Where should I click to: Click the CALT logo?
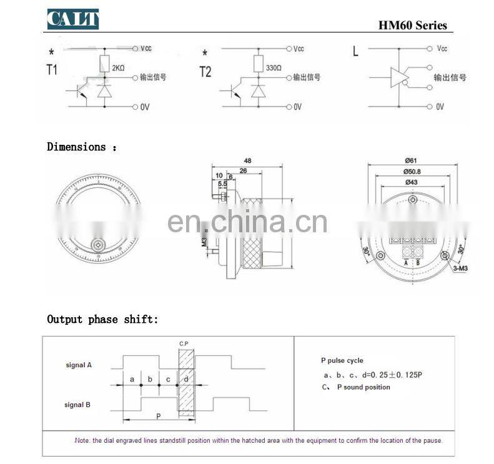[x=73, y=19]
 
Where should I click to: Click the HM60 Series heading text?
[x=413, y=26]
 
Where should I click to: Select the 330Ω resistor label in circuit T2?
[x=273, y=67]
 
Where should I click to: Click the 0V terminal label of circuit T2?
[x=297, y=107]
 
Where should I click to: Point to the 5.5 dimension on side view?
[x=223, y=185]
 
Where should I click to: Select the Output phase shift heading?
[x=102, y=320]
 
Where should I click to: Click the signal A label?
[x=79, y=365]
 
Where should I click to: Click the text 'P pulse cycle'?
[x=342, y=361]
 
